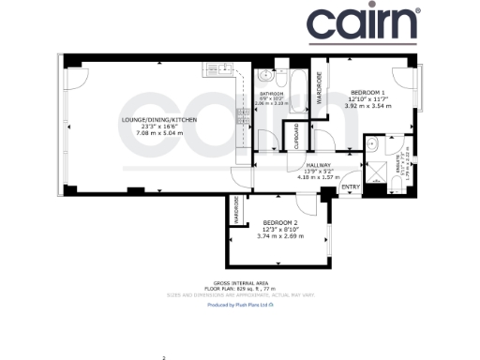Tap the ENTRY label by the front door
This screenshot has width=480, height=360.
[x=351, y=187]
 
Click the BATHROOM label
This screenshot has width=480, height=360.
[x=274, y=94]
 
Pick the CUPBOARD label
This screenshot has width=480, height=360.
[x=297, y=137]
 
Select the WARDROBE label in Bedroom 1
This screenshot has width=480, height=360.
[x=319, y=86]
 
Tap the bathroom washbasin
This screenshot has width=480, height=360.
[x=266, y=75]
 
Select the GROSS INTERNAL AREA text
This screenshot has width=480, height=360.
[x=240, y=282]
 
